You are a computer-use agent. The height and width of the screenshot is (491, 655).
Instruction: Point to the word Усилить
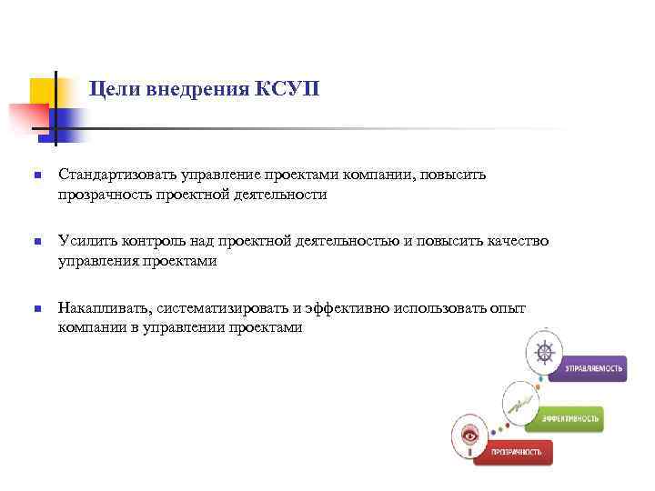(x=84, y=240)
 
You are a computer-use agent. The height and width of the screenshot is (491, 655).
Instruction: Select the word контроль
(x=148, y=240)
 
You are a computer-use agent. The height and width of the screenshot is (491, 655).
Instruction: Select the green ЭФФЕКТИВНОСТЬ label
(x=570, y=417)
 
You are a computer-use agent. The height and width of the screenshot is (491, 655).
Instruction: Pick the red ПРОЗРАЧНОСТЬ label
(x=517, y=451)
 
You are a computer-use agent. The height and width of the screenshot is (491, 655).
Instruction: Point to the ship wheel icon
(x=545, y=352)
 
